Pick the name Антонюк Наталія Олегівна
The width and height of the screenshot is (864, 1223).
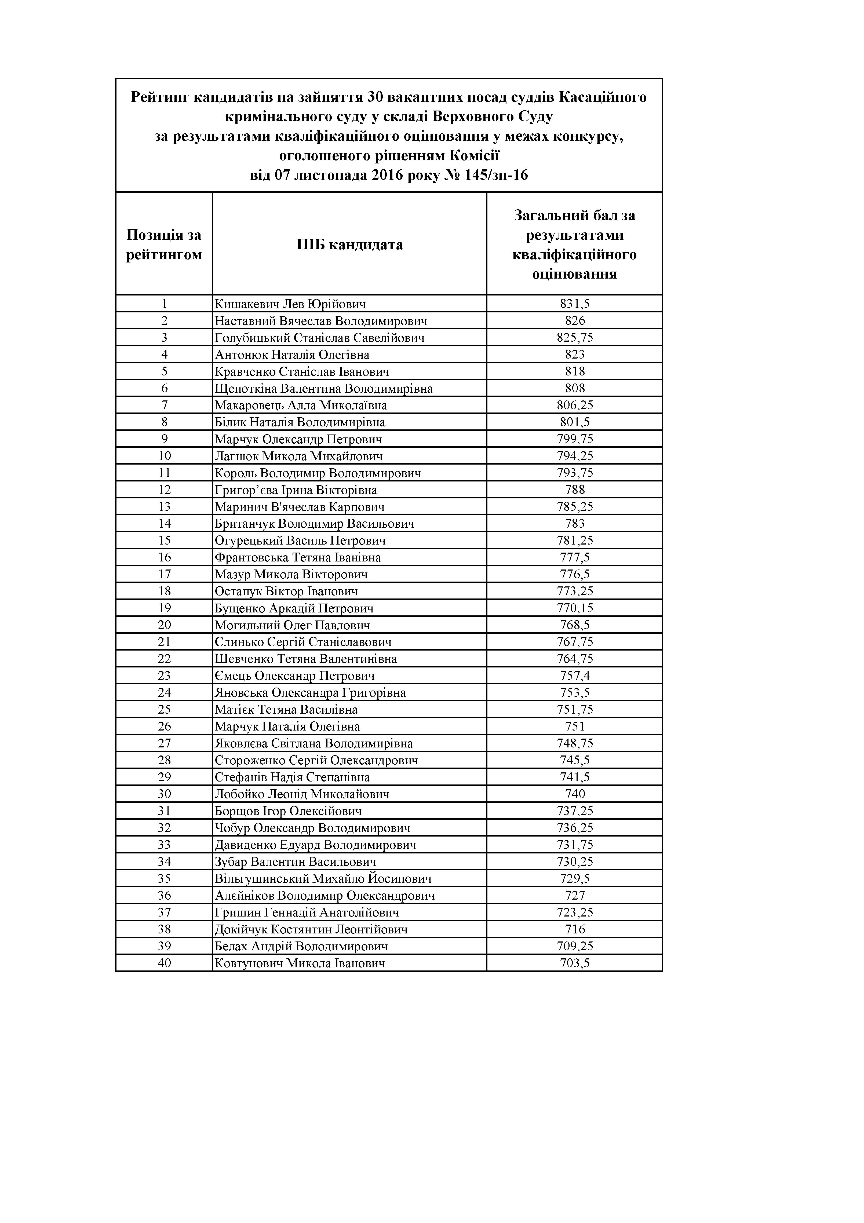pyautogui.click(x=292, y=355)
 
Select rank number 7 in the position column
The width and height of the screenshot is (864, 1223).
pyautogui.click(x=164, y=405)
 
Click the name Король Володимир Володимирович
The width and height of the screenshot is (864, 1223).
pyautogui.click(x=318, y=473)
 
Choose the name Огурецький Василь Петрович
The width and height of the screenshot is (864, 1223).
pyautogui.click(x=300, y=541)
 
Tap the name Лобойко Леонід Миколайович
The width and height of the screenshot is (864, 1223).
pyautogui.click(x=301, y=794)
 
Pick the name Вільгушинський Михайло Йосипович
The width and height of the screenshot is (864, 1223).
pyautogui.click(x=323, y=879)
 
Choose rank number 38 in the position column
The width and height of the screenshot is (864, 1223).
pyautogui.click(x=164, y=929)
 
